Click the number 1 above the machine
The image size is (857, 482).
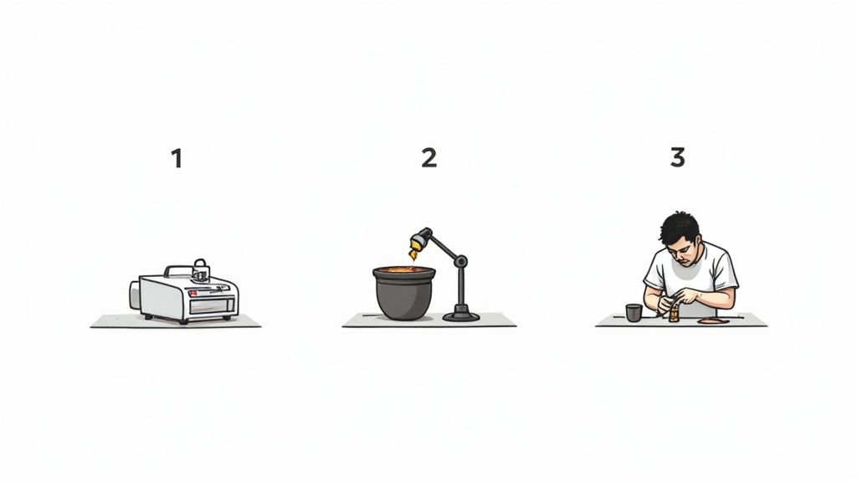pos(177,158)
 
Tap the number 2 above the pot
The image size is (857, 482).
pos(428,157)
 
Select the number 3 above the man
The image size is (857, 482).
pos(677,156)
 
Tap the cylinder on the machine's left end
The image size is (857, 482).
pos(135,295)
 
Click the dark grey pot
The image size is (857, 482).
pos(404,297)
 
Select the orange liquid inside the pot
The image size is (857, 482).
pos(404,270)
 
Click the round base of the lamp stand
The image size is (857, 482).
pos(461,315)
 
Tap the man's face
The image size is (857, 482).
pos(682,249)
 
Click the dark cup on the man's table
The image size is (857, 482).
pos(634,312)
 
